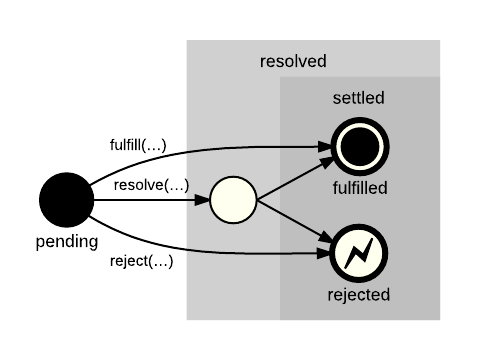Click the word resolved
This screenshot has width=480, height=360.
coord(293,61)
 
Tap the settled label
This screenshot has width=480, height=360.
coord(359,98)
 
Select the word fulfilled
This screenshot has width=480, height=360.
coord(359,188)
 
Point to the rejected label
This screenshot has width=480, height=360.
coord(359,295)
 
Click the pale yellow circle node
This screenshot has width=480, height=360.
coord(232,200)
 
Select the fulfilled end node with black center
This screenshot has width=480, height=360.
coord(359,147)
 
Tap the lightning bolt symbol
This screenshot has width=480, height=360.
coord(359,254)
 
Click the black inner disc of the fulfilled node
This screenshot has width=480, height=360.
coord(359,147)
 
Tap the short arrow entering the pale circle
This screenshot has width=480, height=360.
coord(197,200)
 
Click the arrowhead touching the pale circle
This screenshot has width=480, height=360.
coord(203,200)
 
